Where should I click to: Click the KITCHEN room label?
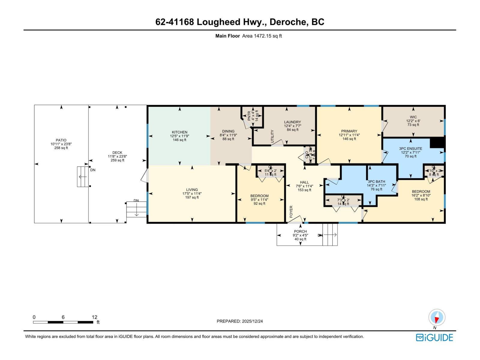click(x=179, y=132)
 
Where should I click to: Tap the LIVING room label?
click(x=192, y=190)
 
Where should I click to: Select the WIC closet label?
click(x=413, y=117)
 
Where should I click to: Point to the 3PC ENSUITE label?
click(x=410, y=148)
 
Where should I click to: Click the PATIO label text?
click(x=61, y=140)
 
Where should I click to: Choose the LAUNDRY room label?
click(x=292, y=122)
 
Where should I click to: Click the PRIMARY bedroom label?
click(x=349, y=131)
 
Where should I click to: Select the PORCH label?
click(x=300, y=231)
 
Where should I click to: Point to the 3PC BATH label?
click(x=376, y=181)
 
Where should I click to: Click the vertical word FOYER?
click(x=291, y=211)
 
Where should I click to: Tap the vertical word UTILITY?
click(x=272, y=136)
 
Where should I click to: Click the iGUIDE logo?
click(x=434, y=337)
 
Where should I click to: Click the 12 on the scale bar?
click(x=94, y=317)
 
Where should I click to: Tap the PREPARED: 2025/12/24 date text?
click(x=240, y=321)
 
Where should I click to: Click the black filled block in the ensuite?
click(x=437, y=142)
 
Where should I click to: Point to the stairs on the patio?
click(x=83, y=177)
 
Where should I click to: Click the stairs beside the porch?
click(x=330, y=235)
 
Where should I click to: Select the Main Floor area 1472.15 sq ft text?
click(x=249, y=36)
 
